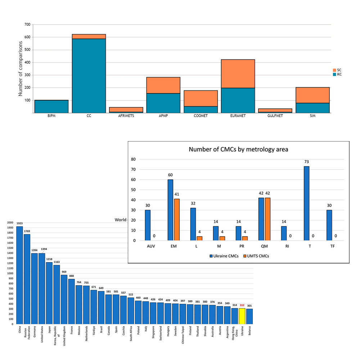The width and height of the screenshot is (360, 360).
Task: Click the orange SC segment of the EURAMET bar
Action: [238, 74]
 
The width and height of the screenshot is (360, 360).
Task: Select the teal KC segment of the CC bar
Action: [89, 76]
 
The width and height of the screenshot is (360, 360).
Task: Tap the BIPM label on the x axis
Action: [51, 116]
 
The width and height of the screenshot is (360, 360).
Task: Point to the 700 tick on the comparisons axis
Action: [27, 24]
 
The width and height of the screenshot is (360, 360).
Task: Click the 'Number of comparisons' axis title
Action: [21, 68]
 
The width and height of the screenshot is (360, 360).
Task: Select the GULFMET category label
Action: [275, 116]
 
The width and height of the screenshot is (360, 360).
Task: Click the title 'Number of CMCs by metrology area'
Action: [238, 149]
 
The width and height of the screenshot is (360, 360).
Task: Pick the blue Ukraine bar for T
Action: [306, 203]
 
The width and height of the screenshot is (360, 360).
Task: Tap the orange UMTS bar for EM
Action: [177, 220]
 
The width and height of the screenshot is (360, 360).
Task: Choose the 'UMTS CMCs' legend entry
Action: [256, 256]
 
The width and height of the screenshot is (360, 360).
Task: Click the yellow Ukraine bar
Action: [242, 316]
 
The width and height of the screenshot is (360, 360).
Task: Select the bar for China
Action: [19, 275]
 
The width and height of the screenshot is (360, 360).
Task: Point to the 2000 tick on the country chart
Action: [10, 222]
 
